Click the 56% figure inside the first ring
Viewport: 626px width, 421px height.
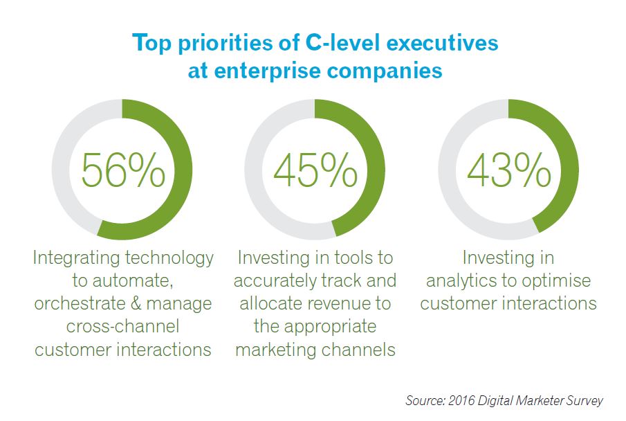coord(123,170)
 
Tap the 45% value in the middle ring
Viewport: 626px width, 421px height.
coord(315,170)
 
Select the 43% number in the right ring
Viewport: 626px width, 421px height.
coord(509,170)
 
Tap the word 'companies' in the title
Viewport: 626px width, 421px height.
coord(385,71)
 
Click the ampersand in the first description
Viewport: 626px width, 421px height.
coord(136,303)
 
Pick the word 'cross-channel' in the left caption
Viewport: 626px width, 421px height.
coord(123,326)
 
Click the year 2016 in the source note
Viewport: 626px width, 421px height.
coord(461,400)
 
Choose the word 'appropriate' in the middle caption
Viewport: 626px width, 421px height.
coord(315,327)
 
